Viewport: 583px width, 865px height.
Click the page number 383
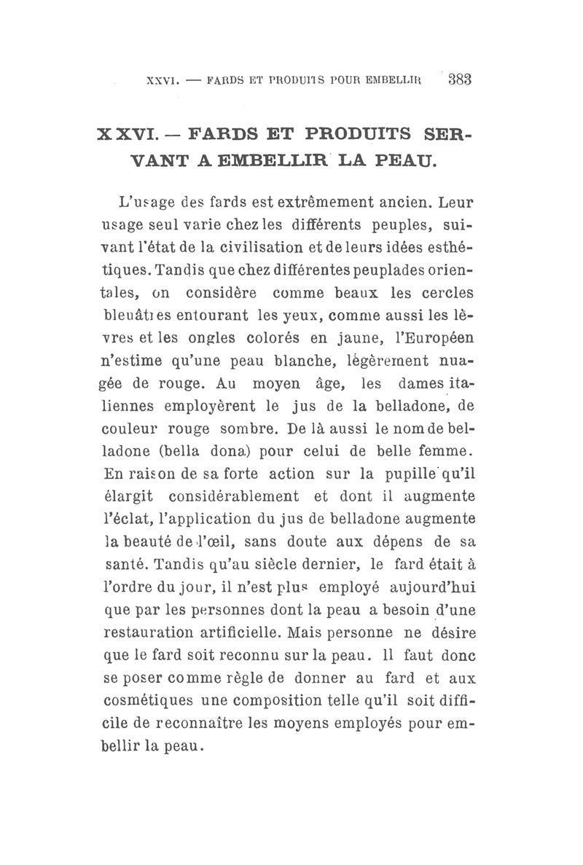coord(461,79)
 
